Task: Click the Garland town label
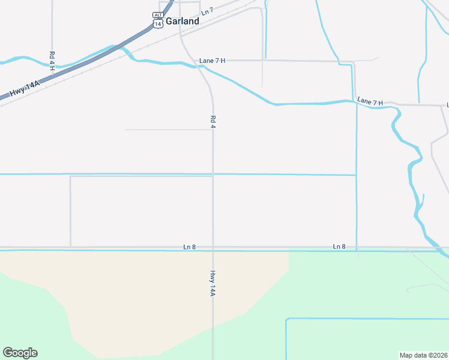coord(182,20)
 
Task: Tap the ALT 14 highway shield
coord(158,20)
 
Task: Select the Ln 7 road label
coord(207,11)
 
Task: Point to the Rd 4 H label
coord(52,58)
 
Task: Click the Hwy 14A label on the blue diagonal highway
coord(25,88)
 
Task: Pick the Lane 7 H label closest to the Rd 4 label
coord(212,61)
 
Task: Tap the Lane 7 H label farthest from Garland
coord(370,102)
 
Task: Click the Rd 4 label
coord(212,121)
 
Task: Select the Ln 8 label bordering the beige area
coord(190,247)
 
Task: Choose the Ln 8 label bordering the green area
coord(339,247)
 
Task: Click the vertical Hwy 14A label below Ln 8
coord(212,283)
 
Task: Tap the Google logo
coord(20,353)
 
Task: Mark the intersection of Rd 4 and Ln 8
coord(212,247)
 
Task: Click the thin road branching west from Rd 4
coord(168,130)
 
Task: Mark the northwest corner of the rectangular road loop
coord(71,176)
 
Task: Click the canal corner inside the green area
coord(287,319)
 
